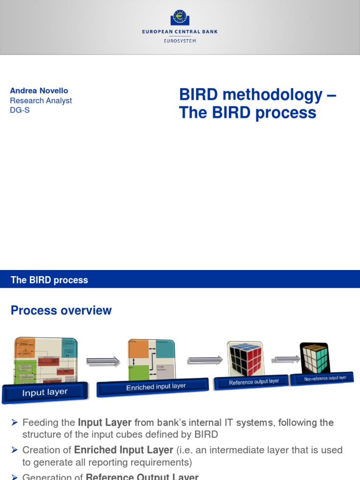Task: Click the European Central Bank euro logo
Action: click(x=180, y=17)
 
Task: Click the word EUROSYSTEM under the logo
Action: click(x=180, y=41)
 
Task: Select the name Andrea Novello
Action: click(x=39, y=90)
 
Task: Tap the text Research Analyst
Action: click(x=41, y=101)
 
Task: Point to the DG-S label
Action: click(x=20, y=111)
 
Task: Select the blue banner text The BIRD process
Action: click(x=49, y=280)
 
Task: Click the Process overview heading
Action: click(x=61, y=310)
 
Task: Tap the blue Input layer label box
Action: click(x=45, y=392)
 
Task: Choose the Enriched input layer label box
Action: click(x=153, y=387)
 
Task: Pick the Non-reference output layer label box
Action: click(x=325, y=378)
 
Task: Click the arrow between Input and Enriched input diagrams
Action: click(x=103, y=361)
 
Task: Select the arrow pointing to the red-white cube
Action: click(x=205, y=360)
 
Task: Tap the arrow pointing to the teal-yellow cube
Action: click(x=287, y=359)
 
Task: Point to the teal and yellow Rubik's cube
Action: click(x=315, y=357)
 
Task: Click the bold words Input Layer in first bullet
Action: click(x=105, y=422)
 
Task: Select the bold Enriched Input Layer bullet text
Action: click(x=124, y=450)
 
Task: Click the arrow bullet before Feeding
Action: click(x=14, y=422)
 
